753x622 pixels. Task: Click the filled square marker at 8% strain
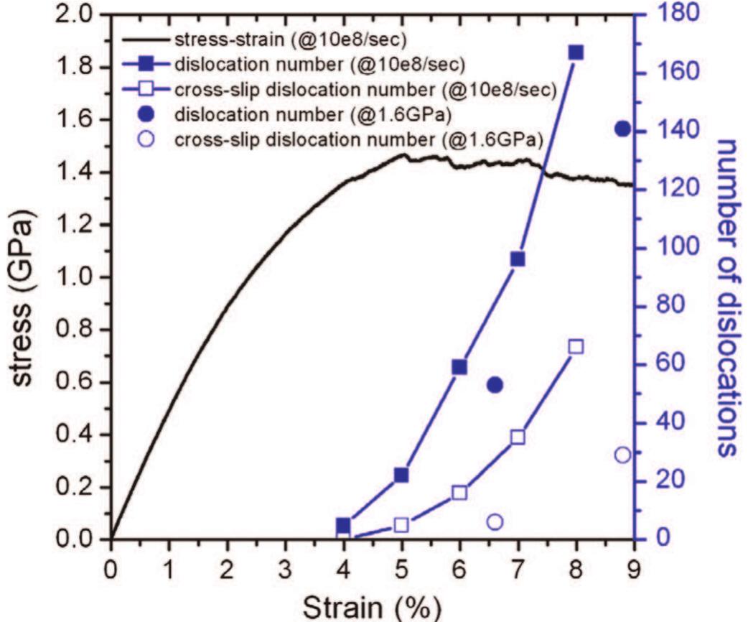(x=576, y=52)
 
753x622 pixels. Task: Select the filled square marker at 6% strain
(x=459, y=367)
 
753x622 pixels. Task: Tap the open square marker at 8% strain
(x=576, y=347)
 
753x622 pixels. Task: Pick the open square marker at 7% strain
(x=518, y=437)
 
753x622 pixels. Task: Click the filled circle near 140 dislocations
(x=622, y=129)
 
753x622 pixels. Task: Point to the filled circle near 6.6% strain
(x=495, y=385)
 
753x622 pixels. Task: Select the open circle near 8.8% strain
(x=622, y=455)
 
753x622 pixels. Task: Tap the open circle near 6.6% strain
(x=495, y=522)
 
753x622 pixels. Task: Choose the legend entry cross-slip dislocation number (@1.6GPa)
(x=359, y=138)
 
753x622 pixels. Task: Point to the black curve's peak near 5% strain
(x=403, y=154)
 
